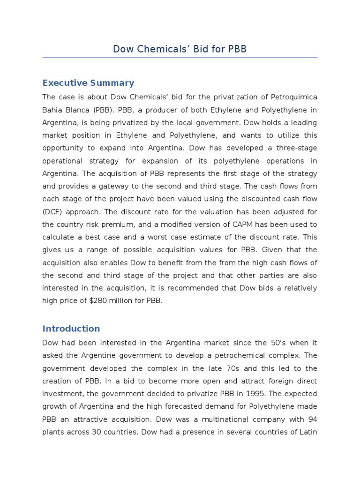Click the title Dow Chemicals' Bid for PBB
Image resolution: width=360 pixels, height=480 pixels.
[180, 49]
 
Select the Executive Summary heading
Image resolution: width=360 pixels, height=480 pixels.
[88, 83]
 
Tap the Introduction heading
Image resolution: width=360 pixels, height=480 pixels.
[71, 329]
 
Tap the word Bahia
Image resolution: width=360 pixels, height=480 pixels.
[53, 110]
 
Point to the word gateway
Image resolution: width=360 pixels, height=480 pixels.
[129, 186]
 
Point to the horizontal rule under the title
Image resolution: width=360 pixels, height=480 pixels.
[180, 58]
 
